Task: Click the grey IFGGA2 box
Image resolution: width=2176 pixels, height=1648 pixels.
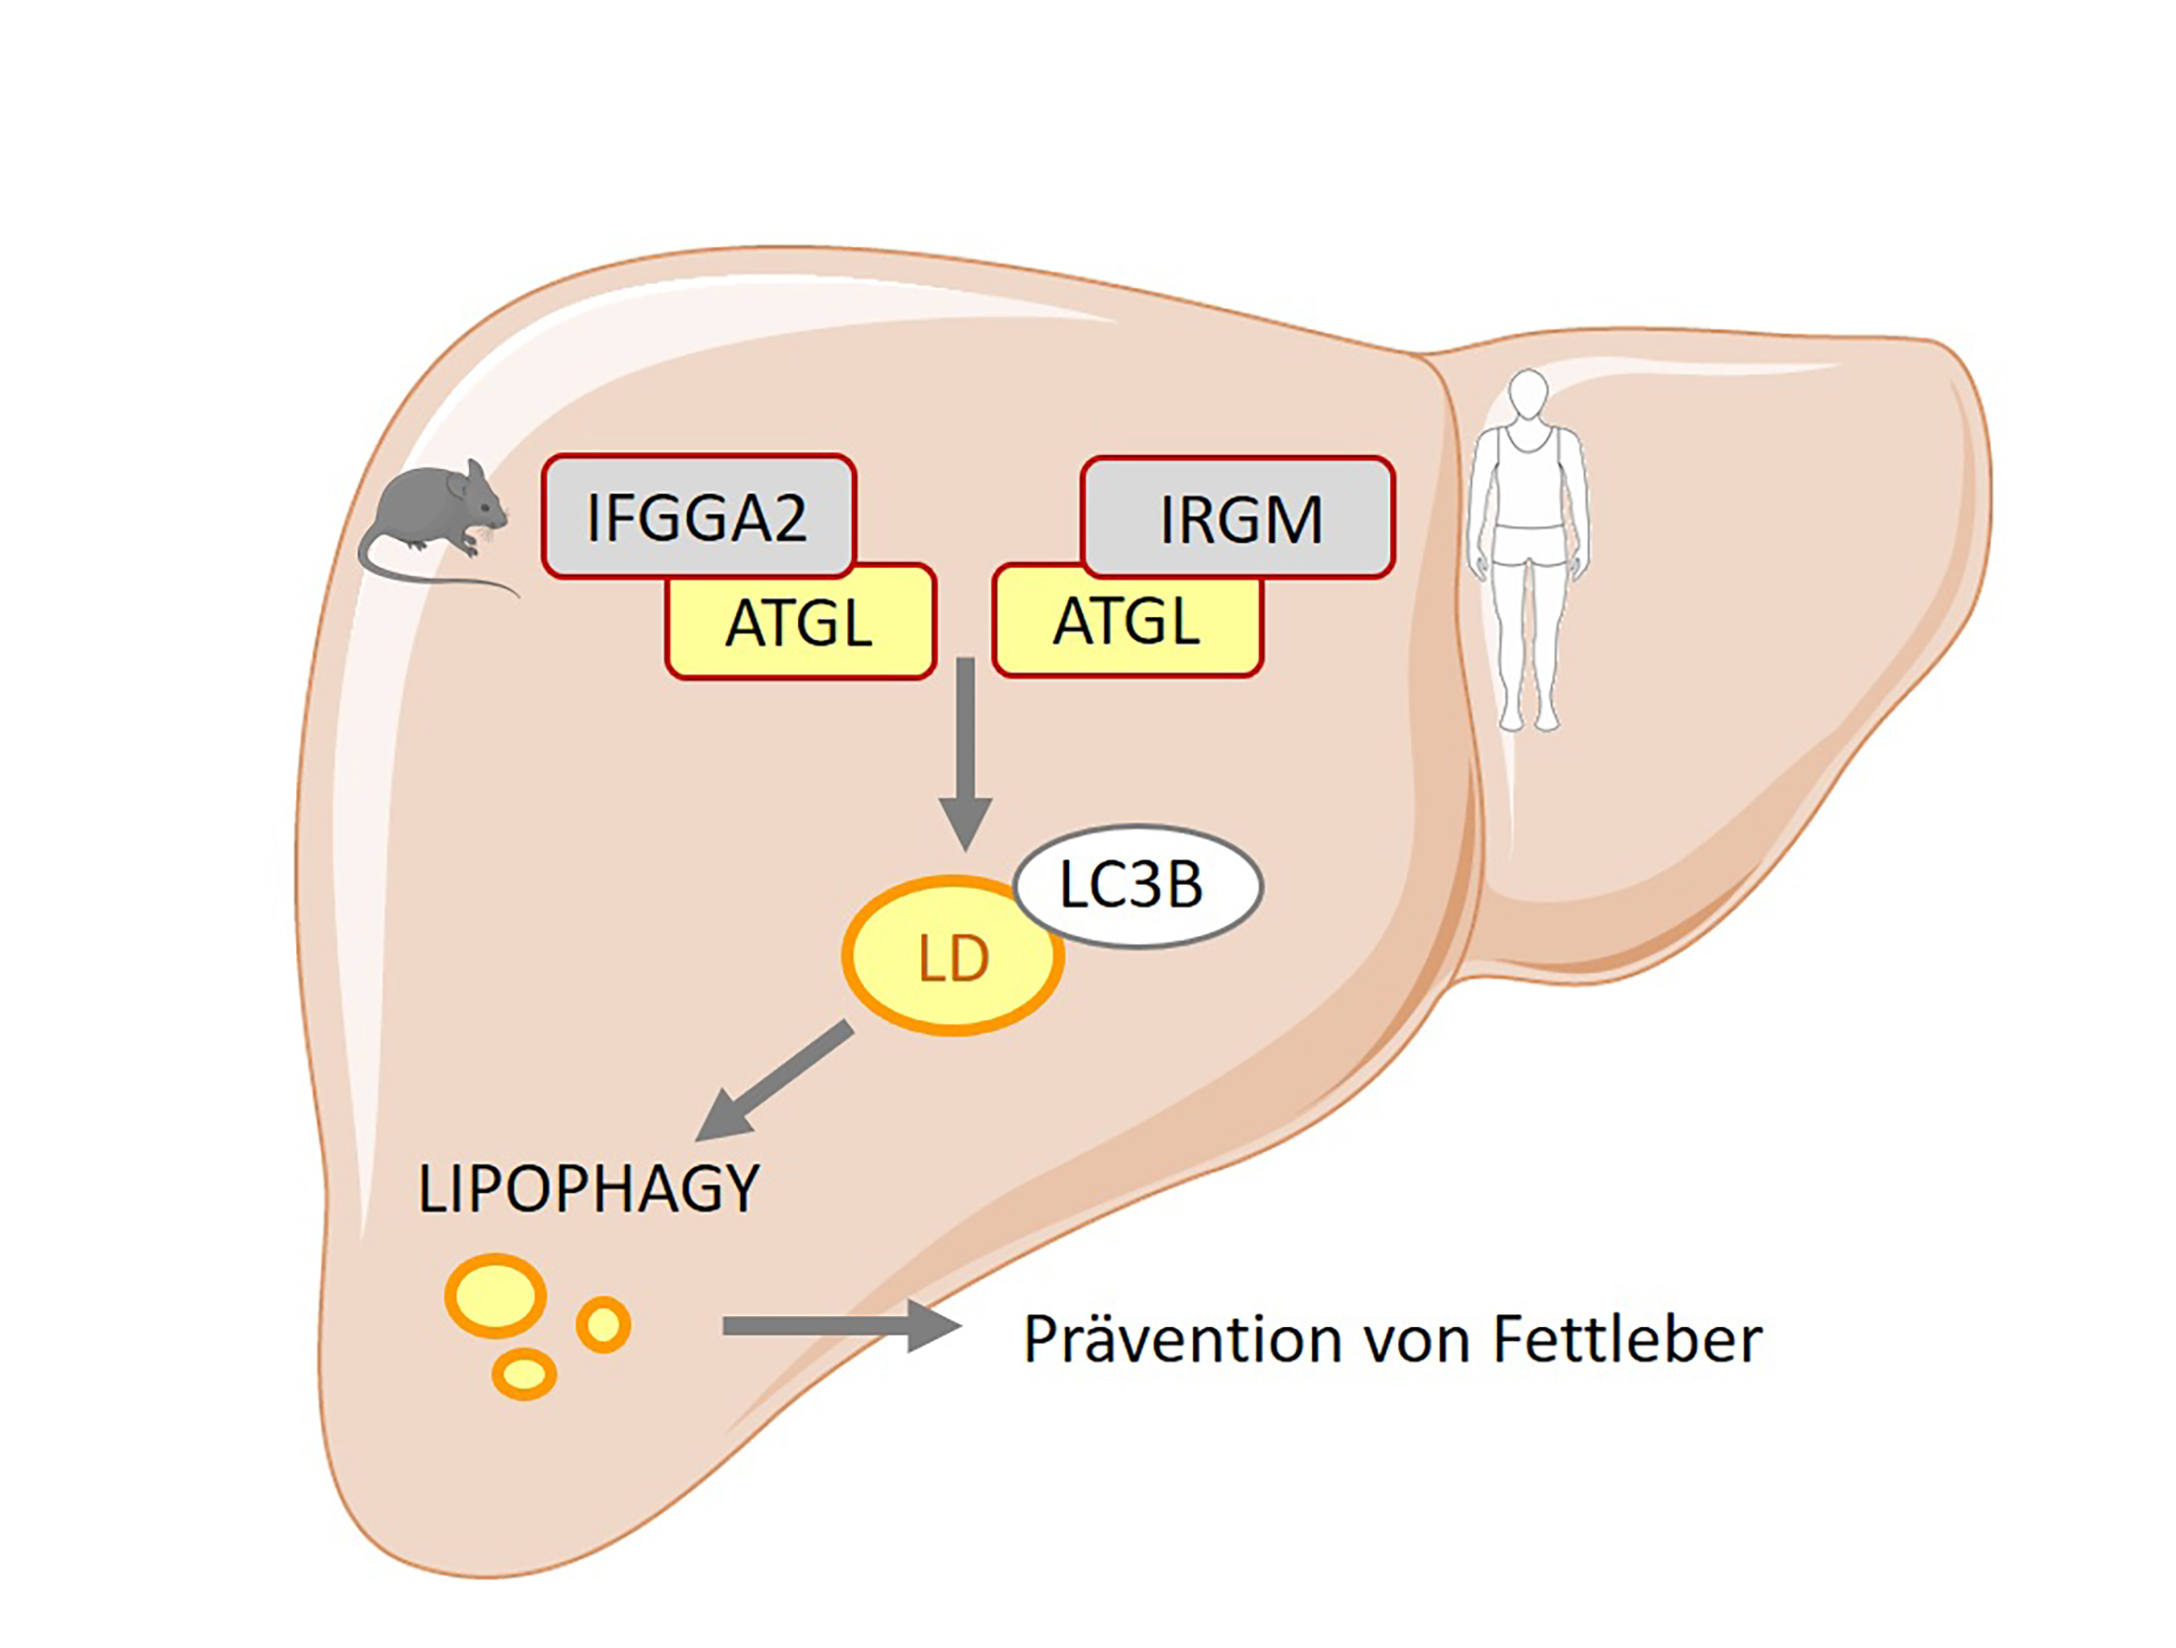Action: (x=698, y=515)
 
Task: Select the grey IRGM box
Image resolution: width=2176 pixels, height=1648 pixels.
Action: (x=1238, y=516)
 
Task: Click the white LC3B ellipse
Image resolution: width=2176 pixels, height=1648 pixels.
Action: (x=1137, y=886)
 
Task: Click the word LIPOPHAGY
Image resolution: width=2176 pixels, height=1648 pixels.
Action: (x=588, y=1188)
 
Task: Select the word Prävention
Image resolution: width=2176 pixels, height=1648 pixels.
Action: (x=1183, y=1340)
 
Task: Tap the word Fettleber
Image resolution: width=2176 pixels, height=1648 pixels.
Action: (x=1626, y=1340)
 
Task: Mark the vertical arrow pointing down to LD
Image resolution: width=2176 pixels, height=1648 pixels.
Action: (x=965, y=750)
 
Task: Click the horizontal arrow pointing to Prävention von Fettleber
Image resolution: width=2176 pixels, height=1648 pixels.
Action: (x=839, y=1325)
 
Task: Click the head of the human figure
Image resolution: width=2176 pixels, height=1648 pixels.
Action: (x=1528, y=393)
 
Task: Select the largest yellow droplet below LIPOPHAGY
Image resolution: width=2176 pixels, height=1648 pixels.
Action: (x=496, y=1295)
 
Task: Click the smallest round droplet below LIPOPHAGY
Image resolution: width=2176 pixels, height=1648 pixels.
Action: (x=603, y=1323)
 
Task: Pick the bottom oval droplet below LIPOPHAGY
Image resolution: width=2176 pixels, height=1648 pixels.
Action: (x=524, y=1373)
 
